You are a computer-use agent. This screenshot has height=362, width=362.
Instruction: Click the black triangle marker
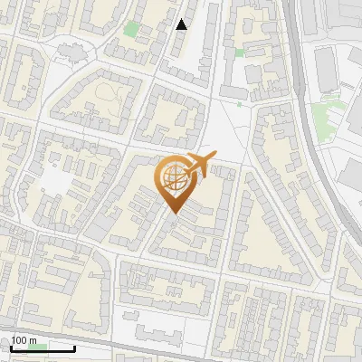182,24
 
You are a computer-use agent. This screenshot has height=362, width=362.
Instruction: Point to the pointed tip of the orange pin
172,214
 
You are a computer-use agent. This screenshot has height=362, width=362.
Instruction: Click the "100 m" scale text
24,341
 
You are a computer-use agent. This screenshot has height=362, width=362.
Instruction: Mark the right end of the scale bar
75,348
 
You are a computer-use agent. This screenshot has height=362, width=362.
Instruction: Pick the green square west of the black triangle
132,29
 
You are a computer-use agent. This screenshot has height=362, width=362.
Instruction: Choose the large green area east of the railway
328,116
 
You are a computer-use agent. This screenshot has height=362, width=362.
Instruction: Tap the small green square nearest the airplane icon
240,103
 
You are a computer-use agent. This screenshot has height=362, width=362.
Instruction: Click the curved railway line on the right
313,136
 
